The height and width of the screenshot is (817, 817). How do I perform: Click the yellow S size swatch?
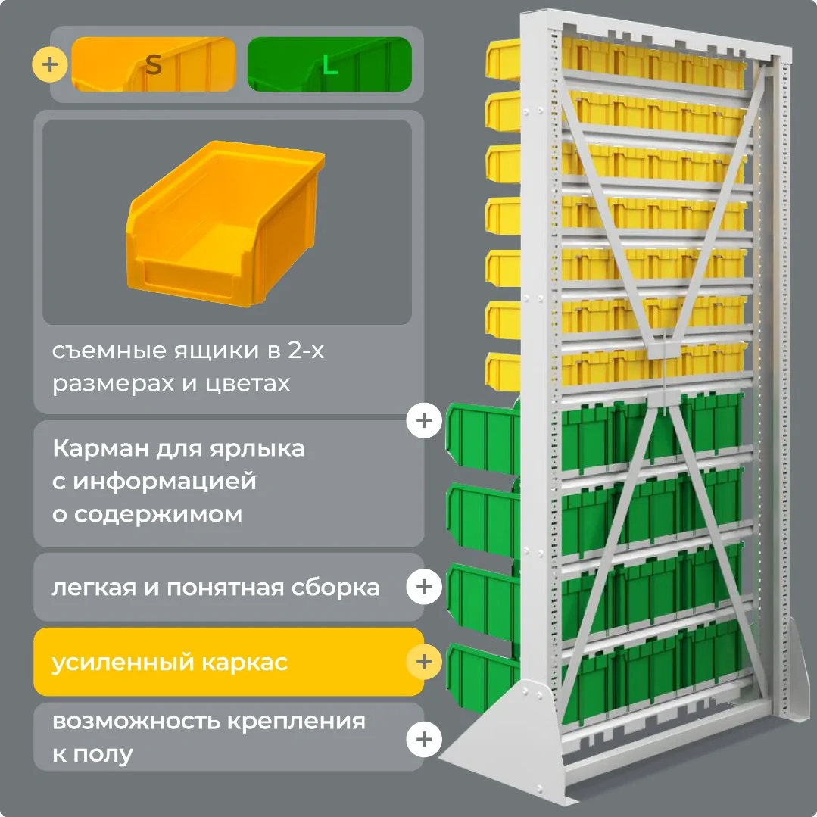[x=153, y=64]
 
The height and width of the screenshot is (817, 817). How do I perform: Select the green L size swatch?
[x=329, y=64]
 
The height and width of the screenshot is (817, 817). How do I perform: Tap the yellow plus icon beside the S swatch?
[x=49, y=64]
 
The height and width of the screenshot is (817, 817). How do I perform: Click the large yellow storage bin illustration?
[x=225, y=223]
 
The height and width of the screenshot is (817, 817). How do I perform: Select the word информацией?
[x=164, y=482]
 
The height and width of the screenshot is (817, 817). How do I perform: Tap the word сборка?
[x=335, y=588]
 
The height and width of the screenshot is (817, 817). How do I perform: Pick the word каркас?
[x=245, y=663]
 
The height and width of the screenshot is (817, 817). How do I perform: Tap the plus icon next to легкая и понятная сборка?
[x=424, y=587]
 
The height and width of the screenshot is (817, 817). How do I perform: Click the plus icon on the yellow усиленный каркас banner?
[x=424, y=662]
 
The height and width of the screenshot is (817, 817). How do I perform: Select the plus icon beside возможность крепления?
[x=424, y=739]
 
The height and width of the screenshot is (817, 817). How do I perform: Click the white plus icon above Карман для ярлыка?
[x=424, y=420]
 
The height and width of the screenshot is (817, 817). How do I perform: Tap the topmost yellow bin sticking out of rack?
[x=503, y=59]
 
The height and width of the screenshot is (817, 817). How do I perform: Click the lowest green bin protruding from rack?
[x=482, y=678]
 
